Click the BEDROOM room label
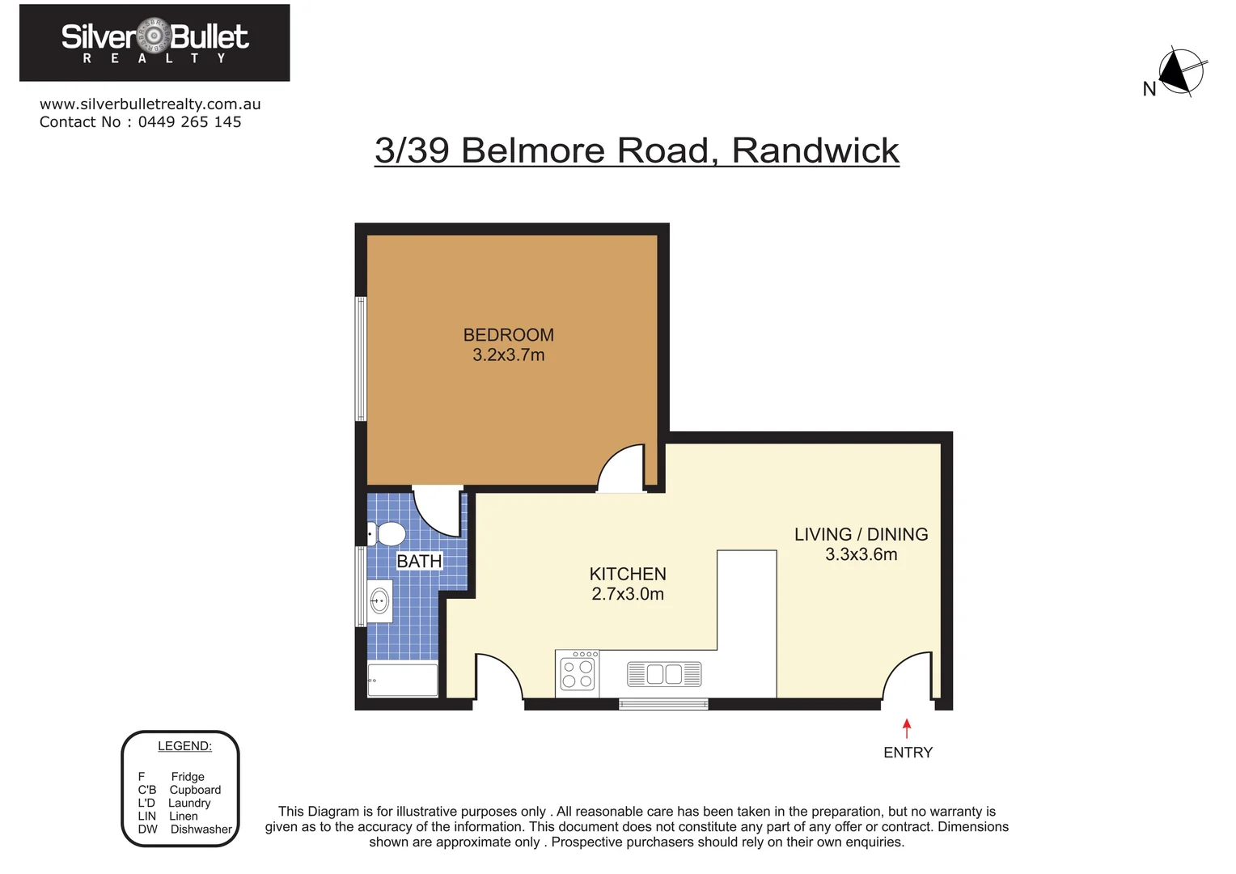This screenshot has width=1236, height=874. coord(508,335)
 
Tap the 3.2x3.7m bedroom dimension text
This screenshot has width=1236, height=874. coord(508,355)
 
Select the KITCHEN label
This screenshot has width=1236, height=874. coord(628,574)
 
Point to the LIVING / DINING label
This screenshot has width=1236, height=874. coord(861,534)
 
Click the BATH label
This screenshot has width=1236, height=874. coord(419,561)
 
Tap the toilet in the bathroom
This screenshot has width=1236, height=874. coord(388,534)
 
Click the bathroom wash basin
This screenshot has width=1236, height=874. coord(379,601)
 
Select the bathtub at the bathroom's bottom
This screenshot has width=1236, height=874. coord(403,680)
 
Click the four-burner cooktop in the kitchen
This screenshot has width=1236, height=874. coord(578,673)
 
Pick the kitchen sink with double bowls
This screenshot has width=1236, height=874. coord(664,674)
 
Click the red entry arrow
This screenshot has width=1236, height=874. coord(907,728)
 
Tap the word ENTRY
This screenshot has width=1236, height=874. coord(908,753)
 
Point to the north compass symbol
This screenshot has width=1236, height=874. coord(1180,73)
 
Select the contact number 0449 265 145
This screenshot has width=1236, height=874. coord(189,122)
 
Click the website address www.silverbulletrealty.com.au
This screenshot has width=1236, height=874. coord(150,104)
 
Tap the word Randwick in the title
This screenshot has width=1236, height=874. coord(815,151)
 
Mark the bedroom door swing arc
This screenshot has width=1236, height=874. coord(623,467)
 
